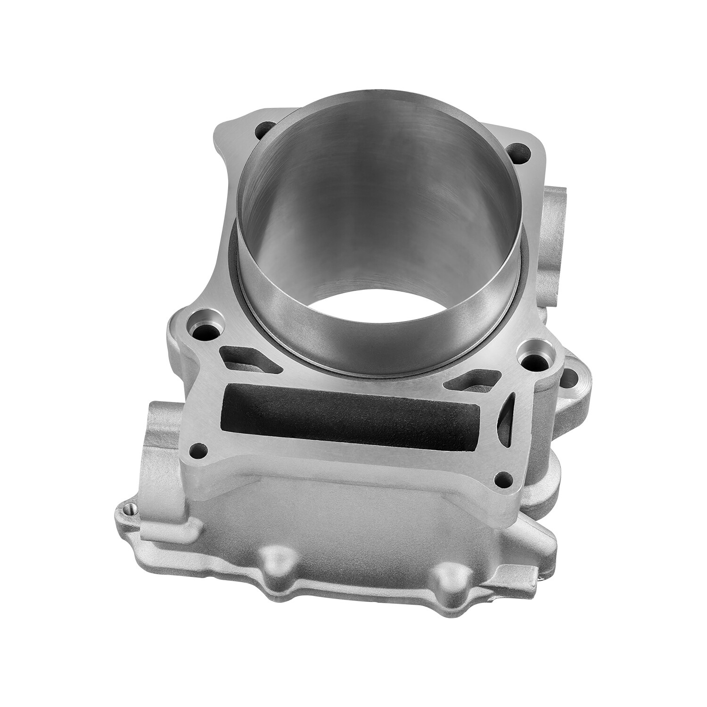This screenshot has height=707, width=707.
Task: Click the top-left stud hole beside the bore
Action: tap(263, 129)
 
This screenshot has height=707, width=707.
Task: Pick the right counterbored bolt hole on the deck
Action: tap(528, 354)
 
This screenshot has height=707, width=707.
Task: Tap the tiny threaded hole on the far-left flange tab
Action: tap(130, 509)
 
